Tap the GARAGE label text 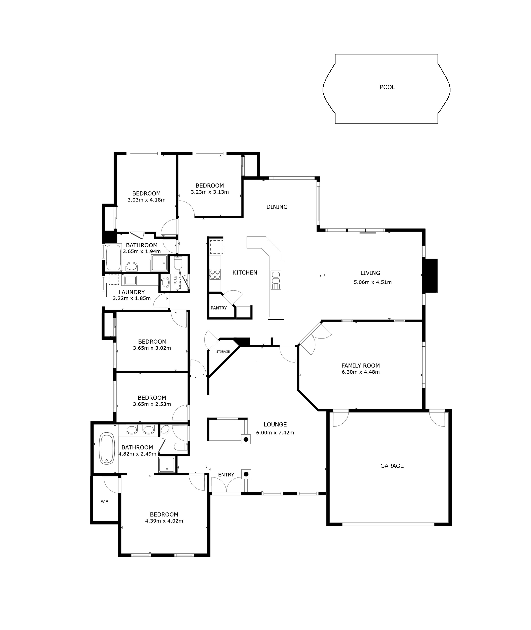[x=392, y=466]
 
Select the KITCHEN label [x=245, y=273]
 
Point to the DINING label [x=277, y=207]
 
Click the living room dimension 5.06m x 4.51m [x=373, y=282]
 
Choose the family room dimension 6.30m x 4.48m [x=361, y=372]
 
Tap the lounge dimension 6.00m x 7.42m [x=275, y=433]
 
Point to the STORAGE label [x=223, y=352]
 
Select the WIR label [x=105, y=502]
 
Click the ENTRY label [x=226, y=475]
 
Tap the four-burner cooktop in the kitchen [x=215, y=274]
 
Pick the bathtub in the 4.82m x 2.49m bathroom [x=107, y=448]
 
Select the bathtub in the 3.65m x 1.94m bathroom [x=113, y=257]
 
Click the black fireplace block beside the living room [x=430, y=275]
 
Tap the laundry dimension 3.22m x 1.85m [x=132, y=298]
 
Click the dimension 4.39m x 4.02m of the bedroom [x=164, y=521]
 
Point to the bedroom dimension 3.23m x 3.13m [x=210, y=192]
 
